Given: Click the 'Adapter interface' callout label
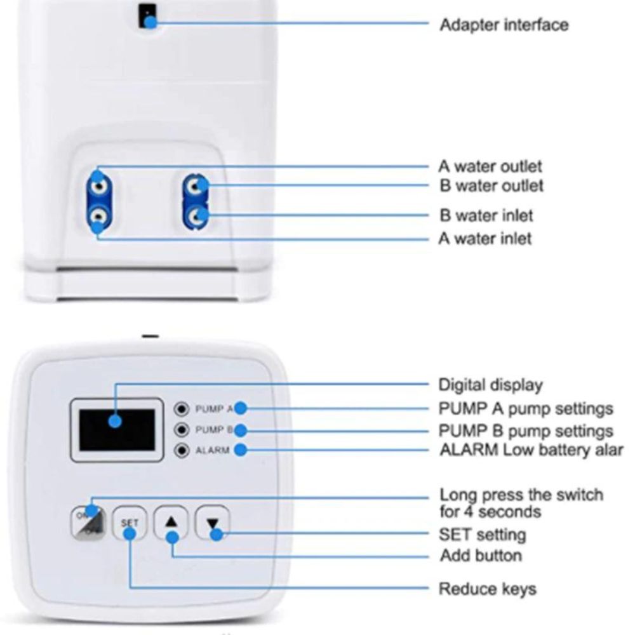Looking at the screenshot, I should point(504,25).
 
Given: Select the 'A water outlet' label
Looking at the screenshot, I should point(490,167).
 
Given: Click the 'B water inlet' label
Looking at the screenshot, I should point(486,215).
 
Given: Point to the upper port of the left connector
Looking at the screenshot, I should point(98,185).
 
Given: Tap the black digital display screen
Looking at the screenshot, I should point(117,429).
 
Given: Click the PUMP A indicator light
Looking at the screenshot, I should point(183,408).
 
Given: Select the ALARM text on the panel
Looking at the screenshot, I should point(211,450).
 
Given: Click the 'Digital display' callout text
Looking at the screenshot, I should point(490,385).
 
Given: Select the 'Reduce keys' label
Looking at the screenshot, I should point(487,589).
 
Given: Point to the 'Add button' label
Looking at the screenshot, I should point(481,556).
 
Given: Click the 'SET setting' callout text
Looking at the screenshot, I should point(482,534).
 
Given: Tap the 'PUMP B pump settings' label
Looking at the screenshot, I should point(526,431).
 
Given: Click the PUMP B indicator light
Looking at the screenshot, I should point(183,429).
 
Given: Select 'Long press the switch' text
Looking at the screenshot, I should point(521,495).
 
